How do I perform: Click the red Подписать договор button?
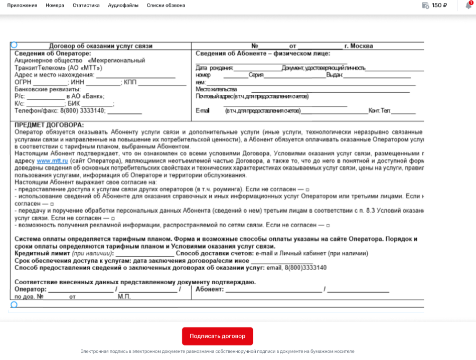point(217,336)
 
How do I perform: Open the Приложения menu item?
point(22,6)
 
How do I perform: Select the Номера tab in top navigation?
point(55,6)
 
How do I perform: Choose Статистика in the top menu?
point(86,6)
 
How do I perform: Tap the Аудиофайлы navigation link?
point(123,6)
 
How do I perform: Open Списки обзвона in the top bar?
point(166,6)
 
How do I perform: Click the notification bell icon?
point(468,6)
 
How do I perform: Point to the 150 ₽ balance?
point(439,6)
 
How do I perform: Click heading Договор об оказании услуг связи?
point(100,46)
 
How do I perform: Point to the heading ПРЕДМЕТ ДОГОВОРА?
point(49,125)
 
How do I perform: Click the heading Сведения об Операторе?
point(53,54)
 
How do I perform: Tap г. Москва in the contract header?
point(359,46)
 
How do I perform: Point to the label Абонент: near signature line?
point(209,289)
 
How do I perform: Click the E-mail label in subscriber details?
point(202,111)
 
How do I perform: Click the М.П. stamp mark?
point(124,297)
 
